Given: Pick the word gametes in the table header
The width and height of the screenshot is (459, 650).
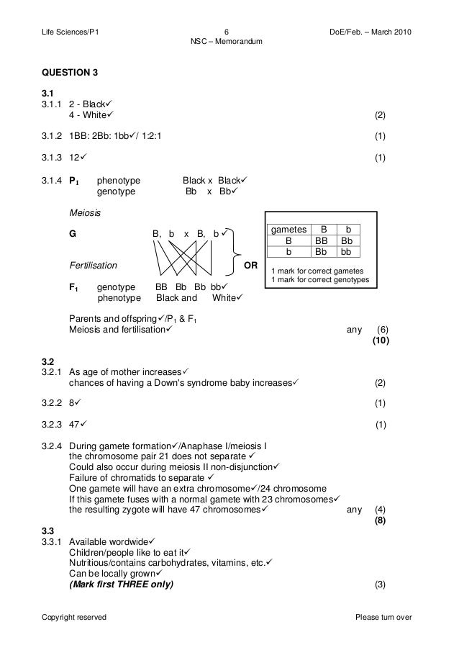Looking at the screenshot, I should point(288,230).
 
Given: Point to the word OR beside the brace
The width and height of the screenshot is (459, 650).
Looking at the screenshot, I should point(251,265).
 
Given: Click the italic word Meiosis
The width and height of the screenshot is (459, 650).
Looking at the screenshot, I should point(85,214).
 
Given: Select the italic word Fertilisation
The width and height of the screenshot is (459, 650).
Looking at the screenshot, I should point(94,265).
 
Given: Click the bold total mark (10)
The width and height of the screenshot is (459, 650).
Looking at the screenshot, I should point(380,340).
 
